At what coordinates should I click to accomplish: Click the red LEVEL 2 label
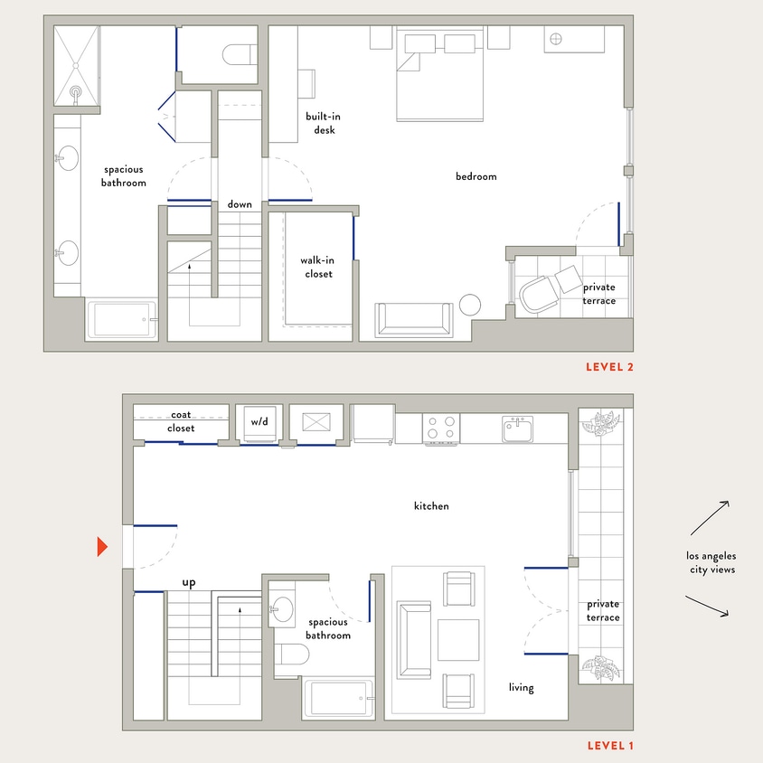click(609, 366)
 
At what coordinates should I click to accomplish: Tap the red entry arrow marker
click(102, 546)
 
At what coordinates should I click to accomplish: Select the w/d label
click(259, 421)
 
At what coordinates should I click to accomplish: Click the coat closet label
click(181, 421)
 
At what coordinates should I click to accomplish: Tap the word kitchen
click(431, 506)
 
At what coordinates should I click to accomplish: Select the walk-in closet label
click(316, 267)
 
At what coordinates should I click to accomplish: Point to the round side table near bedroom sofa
click(470, 305)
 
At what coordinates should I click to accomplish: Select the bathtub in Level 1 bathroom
click(338, 699)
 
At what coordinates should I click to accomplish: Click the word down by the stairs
click(240, 204)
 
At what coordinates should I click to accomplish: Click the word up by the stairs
click(189, 582)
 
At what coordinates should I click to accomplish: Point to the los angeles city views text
click(711, 562)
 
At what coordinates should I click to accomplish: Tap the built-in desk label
click(323, 123)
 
